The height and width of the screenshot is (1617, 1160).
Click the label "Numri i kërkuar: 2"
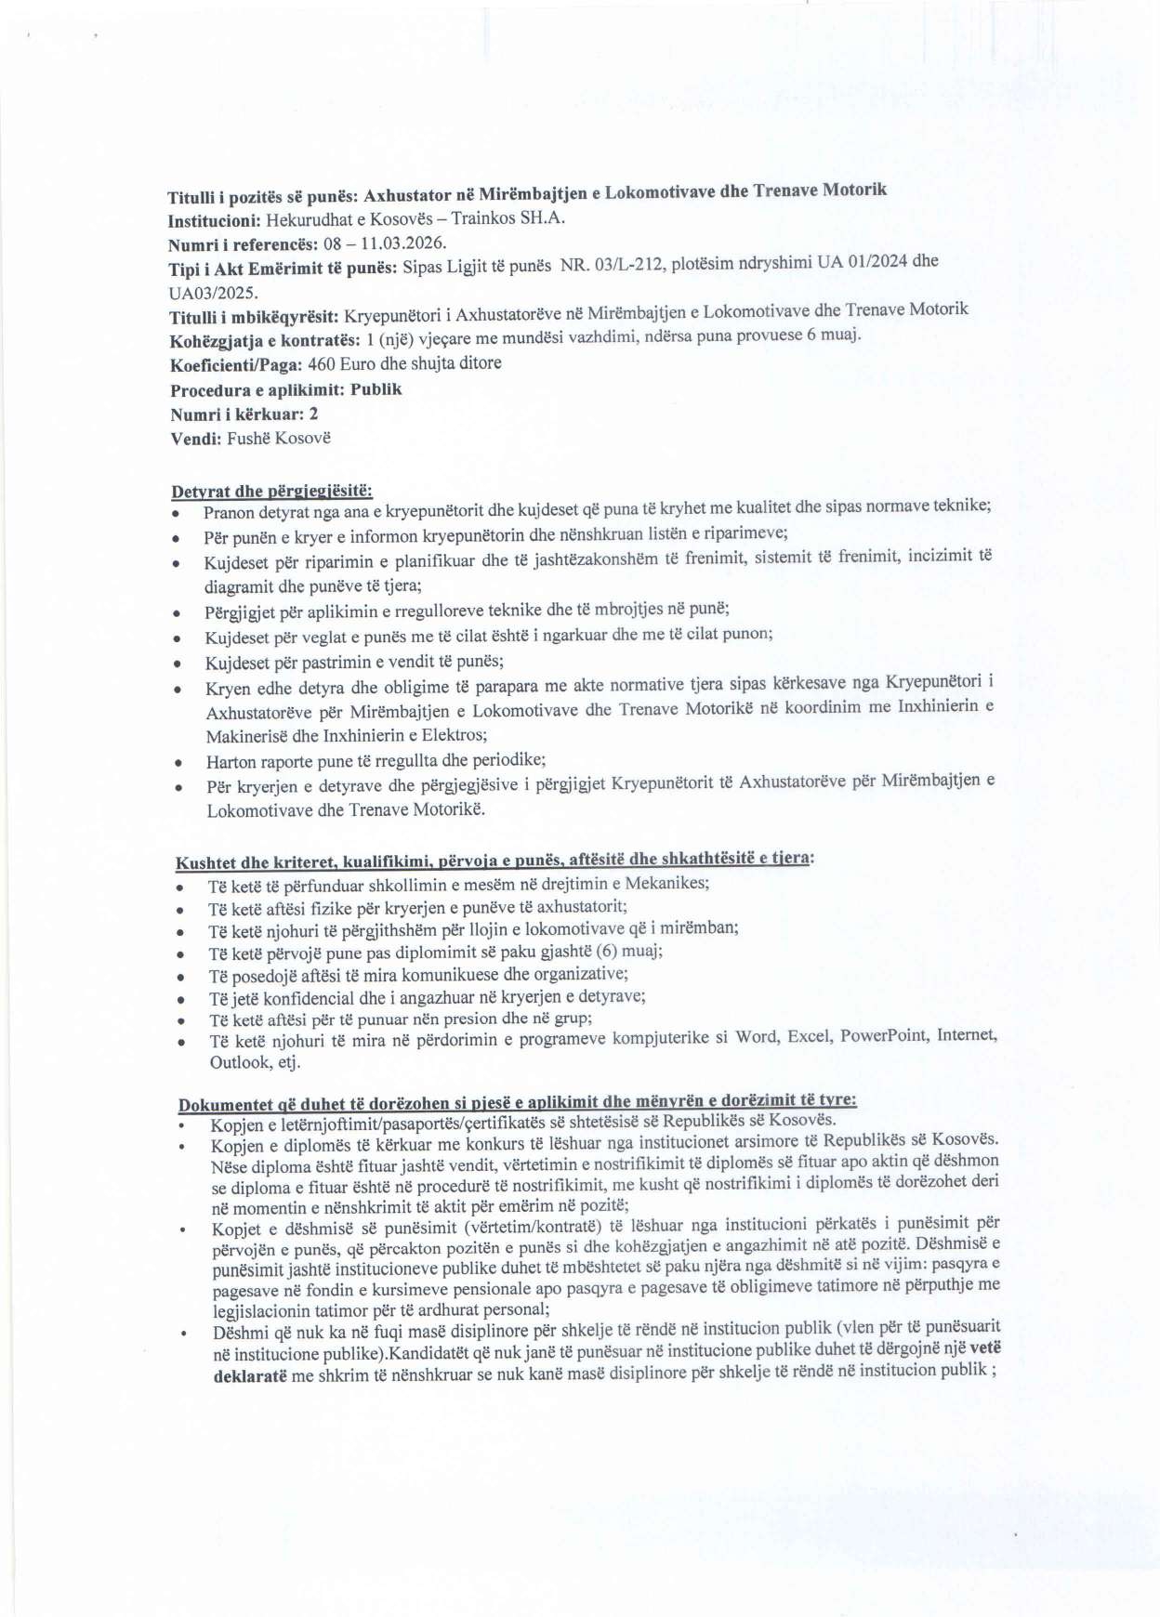point(244,414)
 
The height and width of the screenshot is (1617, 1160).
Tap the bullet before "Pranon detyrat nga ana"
point(176,513)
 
